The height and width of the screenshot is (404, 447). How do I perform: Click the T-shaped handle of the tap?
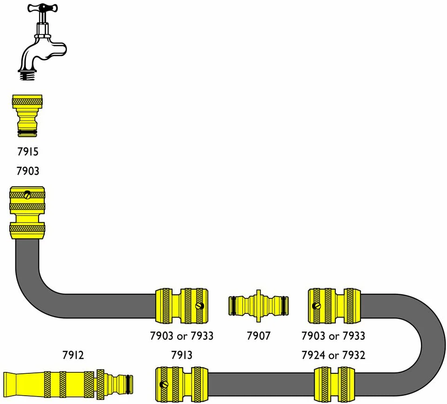(42, 8)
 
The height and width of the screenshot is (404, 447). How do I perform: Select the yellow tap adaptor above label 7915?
(27, 116)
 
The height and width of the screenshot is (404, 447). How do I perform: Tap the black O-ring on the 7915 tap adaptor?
(27, 132)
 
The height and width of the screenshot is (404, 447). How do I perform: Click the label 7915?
(27, 152)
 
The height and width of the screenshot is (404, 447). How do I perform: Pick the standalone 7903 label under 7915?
(27, 171)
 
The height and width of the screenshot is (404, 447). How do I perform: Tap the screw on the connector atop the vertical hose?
(27, 195)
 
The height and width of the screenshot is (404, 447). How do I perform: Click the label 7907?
(258, 336)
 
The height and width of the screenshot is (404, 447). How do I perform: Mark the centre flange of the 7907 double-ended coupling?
(258, 306)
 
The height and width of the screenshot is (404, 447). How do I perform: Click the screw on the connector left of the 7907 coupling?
(200, 306)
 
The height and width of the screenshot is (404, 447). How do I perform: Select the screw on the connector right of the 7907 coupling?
(316, 306)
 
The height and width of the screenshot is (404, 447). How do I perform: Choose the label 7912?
(73, 355)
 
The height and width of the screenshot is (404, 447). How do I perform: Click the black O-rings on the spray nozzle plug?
(129, 384)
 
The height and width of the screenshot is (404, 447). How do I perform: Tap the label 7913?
(181, 355)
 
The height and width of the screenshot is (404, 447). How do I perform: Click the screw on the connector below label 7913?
(164, 384)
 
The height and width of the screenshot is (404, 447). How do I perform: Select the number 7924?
(314, 355)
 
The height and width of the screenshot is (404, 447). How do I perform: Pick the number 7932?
(354, 355)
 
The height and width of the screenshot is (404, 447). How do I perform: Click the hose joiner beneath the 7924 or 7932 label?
(334, 384)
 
